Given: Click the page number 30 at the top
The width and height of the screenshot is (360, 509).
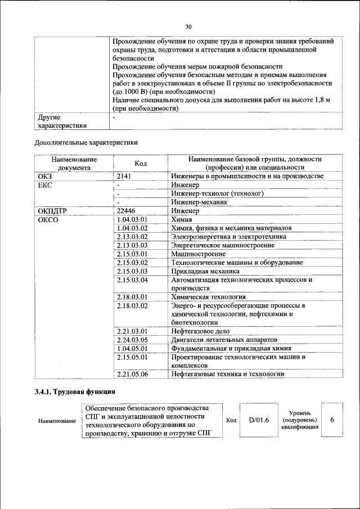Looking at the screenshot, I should pyautogui.click(x=188, y=26).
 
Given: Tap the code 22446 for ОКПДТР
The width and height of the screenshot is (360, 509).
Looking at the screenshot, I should pyautogui.click(x=126, y=211).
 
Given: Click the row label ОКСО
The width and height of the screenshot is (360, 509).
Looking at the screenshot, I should pyautogui.click(x=48, y=220).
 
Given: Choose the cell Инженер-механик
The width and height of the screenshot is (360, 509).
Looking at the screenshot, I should pyautogui.click(x=199, y=202).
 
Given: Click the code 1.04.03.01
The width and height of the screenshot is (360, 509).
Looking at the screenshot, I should pyautogui.click(x=132, y=220).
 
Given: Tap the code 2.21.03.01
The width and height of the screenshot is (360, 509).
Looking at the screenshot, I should pyautogui.click(x=132, y=331).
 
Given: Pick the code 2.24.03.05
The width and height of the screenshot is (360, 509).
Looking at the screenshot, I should pyautogui.click(x=132, y=340).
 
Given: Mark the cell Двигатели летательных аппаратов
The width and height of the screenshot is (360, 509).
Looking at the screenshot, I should pyautogui.click(x=224, y=340).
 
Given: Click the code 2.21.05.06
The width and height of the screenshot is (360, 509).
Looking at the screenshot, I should pyautogui.click(x=132, y=374).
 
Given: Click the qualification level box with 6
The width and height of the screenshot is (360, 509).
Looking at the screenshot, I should pyautogui.click(x=332, y=420).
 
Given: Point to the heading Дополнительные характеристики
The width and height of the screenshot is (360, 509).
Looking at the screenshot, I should pyautogui.click(x=86, y=142).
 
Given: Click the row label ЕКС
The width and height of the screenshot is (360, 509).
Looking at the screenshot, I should pyautogui.click(x=44, y=185).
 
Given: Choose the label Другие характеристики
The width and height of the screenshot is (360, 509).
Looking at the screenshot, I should pyautogui.click(x=62, y=121).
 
